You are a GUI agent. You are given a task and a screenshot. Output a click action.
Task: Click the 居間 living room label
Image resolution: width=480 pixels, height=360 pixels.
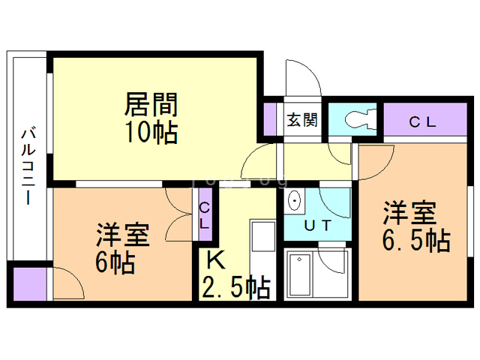[151, 104]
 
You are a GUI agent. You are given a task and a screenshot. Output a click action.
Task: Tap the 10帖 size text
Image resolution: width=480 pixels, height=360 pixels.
[152, 133]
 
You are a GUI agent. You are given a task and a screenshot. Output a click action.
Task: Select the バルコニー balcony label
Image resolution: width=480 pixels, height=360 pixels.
[28, 166]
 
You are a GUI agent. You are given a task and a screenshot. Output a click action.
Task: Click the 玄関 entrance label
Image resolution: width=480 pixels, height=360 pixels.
[302, 120]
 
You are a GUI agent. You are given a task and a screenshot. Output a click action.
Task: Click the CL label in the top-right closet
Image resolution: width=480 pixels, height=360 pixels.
[422, 122]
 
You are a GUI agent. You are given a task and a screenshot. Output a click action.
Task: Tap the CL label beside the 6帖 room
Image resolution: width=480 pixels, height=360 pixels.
[204, 216]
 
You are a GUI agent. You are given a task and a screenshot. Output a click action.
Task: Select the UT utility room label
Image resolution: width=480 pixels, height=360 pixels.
[318, 225]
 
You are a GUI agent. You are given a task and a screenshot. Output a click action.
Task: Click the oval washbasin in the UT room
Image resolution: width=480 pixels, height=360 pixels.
[294, 201]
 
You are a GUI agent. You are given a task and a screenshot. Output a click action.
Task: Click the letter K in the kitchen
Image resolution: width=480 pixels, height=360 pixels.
[216, 260]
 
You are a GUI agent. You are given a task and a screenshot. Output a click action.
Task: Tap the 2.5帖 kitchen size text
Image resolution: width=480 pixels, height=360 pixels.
[235, 288]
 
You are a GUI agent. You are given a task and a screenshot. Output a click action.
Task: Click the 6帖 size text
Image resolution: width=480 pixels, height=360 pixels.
[115, 262]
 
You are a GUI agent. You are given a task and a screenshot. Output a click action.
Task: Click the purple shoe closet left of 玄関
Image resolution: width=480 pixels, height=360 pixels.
[270, 119]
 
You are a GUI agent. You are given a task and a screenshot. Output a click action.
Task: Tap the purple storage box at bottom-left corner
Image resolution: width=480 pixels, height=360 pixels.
[30, 283]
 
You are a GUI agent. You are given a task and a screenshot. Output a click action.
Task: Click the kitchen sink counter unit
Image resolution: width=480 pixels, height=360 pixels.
[262, 259]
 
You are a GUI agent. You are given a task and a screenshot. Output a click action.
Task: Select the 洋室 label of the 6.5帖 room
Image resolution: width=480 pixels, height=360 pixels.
[410, 213]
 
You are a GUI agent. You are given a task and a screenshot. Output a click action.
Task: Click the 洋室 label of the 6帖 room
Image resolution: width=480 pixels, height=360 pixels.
[123, 235]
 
